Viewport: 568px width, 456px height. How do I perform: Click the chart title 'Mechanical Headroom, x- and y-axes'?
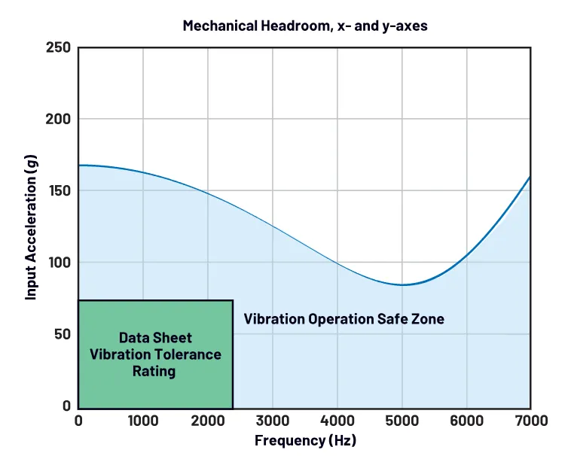pos(305,26)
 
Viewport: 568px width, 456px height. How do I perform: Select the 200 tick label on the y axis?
pos(60,119)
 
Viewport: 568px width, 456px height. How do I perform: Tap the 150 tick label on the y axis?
pos(60,191)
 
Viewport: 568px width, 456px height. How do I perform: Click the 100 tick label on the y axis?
pos(60,263)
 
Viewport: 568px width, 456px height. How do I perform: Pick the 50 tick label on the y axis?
pos(64,334)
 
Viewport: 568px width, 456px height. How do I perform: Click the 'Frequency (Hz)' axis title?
pos(305,440)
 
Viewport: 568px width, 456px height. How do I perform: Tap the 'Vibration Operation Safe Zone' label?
pos(344,319)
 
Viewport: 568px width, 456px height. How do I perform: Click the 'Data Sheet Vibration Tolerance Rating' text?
pos(155,354)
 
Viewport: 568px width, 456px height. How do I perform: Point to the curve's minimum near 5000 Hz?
pos(403,285)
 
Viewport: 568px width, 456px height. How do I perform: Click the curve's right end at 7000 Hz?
pos(530,177)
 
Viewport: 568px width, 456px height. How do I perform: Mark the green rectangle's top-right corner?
pos(233,301)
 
